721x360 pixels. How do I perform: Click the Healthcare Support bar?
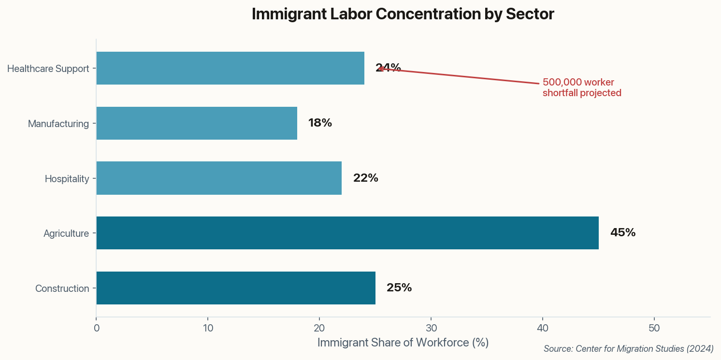(230, 68)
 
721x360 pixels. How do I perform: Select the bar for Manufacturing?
(197, 123)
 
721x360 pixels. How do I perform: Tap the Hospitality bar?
(219, 178)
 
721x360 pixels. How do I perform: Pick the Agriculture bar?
(347, 233)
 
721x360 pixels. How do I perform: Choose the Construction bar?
(236, 288)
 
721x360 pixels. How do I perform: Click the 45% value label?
(622, 233)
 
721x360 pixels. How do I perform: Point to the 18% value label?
(320, 123)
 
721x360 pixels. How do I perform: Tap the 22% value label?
(365, 178)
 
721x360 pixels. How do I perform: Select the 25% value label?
(399, 288)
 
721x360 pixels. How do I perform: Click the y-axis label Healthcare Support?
(48, 69)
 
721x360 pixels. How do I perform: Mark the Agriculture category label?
(66, 234)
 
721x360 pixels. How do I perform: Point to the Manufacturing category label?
(58, 124)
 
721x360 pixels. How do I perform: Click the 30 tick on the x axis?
(431, 328)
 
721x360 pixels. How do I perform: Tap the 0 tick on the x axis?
(97, 328)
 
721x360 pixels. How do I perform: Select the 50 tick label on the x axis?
(654, 328)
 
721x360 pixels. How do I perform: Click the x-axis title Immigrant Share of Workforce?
(403, 343)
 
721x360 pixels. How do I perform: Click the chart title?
(403, 14)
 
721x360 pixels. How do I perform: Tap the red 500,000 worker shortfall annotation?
(581, 87)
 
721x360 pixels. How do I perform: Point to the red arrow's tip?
(378, 69)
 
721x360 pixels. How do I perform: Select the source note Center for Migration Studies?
(628, 348)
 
